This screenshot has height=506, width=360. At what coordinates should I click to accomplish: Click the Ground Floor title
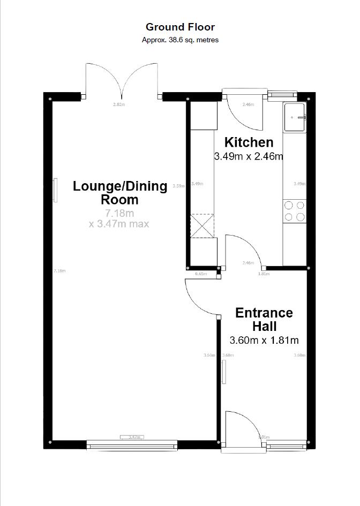180,27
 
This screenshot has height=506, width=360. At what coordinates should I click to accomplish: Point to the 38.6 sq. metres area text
180,40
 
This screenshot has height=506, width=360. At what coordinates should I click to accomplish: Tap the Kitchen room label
249,142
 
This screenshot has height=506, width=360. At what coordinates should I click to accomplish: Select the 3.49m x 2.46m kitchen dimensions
248,156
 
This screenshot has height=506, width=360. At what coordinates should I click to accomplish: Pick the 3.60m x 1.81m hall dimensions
264,340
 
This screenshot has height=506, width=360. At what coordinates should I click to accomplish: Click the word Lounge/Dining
120,186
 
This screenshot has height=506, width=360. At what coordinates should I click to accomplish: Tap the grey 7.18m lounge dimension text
119,214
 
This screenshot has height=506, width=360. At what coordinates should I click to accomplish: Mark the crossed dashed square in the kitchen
202,225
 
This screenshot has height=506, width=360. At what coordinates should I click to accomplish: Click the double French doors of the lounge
122,80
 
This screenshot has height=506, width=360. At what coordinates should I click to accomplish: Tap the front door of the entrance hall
241,428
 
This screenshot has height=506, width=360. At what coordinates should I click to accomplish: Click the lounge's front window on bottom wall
132,444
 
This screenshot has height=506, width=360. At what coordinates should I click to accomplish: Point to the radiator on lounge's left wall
55,190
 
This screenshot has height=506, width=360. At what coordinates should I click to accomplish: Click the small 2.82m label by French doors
118,104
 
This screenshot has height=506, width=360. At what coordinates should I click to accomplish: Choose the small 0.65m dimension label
201,274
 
